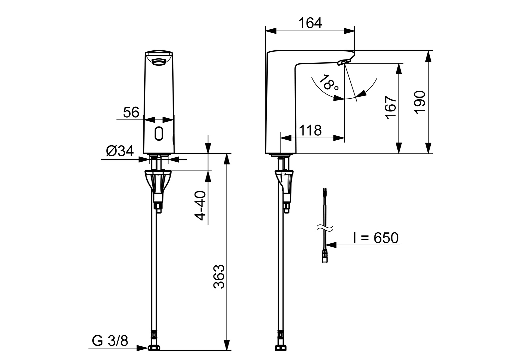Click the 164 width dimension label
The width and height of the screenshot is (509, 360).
point(310,23)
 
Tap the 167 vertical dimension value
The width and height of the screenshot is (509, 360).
point(390,107)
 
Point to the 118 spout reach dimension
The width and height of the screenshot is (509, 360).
point(310,130)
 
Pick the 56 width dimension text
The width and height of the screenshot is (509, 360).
point(131,112)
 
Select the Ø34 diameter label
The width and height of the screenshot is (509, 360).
point(120,151)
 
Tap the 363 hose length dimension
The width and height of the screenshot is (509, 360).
point(219,277)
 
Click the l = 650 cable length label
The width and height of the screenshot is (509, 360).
point(375,238)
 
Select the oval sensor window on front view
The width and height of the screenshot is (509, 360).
point(159,134)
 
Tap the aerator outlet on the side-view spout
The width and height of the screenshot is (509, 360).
point(344,62)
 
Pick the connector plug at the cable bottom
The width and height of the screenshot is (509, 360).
point(325,257)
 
